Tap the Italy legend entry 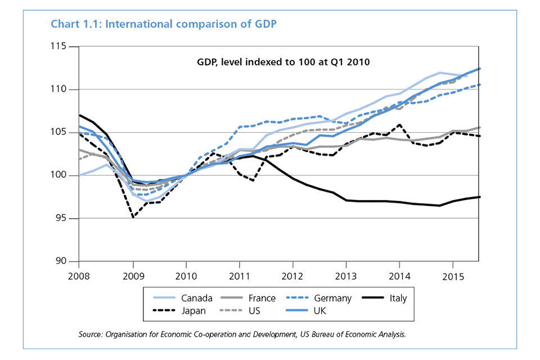click(x=396, y=299)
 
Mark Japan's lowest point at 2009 click(x=133, y=217)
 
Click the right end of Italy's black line click(x=479, y=197)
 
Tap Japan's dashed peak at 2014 click(x=399, y=125)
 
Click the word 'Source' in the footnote click(x=90, y=335)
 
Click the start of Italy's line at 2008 click(x=80, y=115)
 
